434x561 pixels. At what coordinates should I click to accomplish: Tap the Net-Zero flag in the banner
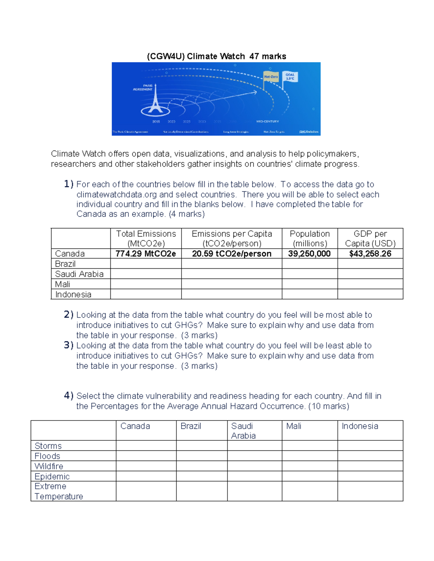coord(271,77)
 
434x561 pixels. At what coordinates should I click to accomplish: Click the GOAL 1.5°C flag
coord(290,77)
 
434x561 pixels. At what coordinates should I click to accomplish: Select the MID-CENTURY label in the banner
coord(267,122)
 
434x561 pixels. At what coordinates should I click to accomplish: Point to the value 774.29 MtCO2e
coord(146,254)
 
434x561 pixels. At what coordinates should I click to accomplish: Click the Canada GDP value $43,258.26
coord(370,254)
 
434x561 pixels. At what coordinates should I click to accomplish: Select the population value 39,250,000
coord(309,254)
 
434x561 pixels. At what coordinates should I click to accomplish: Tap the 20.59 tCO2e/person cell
coord(231,254)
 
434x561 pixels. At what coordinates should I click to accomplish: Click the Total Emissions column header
coord(146,238)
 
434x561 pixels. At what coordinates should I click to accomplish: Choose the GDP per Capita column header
coord(370,238)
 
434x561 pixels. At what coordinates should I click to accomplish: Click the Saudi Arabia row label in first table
coord(79,274)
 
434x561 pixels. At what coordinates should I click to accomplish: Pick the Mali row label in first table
coord(63,284)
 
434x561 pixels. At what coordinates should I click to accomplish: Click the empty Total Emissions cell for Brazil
coord(146,264)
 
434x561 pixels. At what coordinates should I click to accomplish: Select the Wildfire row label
coord(49,466)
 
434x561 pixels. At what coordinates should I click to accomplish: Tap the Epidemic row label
coord(52,476)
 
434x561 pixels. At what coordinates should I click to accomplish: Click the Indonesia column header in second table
coord(360,426)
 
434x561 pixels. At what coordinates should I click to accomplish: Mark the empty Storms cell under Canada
coord(146,445)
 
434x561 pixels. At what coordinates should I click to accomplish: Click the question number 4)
coord(69,396)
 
